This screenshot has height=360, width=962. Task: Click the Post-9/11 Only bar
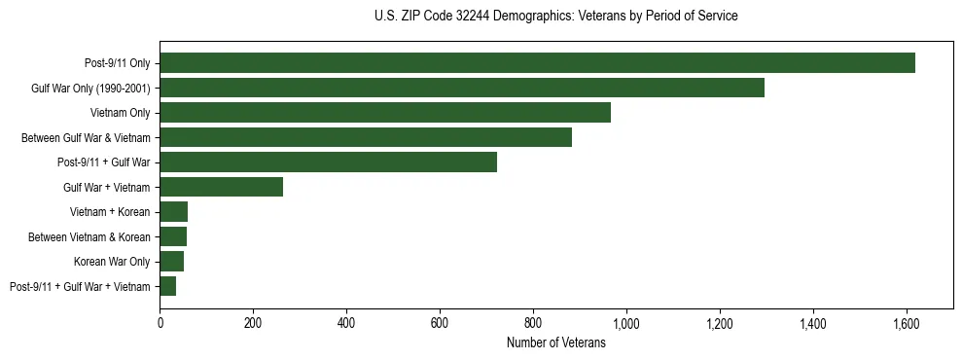[x=537, y=63]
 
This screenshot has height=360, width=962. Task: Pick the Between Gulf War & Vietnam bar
[x=366, y=137]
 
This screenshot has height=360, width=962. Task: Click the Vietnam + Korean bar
[x=174, y=212]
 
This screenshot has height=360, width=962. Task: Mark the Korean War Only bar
[x=172, y=261]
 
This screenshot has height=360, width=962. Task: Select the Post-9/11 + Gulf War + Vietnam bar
[x=168, y=286]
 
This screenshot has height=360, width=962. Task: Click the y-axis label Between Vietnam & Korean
[x=89, y=236]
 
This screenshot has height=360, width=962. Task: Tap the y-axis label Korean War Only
[x=112, y=262]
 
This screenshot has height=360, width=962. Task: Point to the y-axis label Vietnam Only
[x=120, y=113]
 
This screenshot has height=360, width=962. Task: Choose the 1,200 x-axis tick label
[x=719, y=323]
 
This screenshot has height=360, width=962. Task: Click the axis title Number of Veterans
[x=556, y=342]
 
